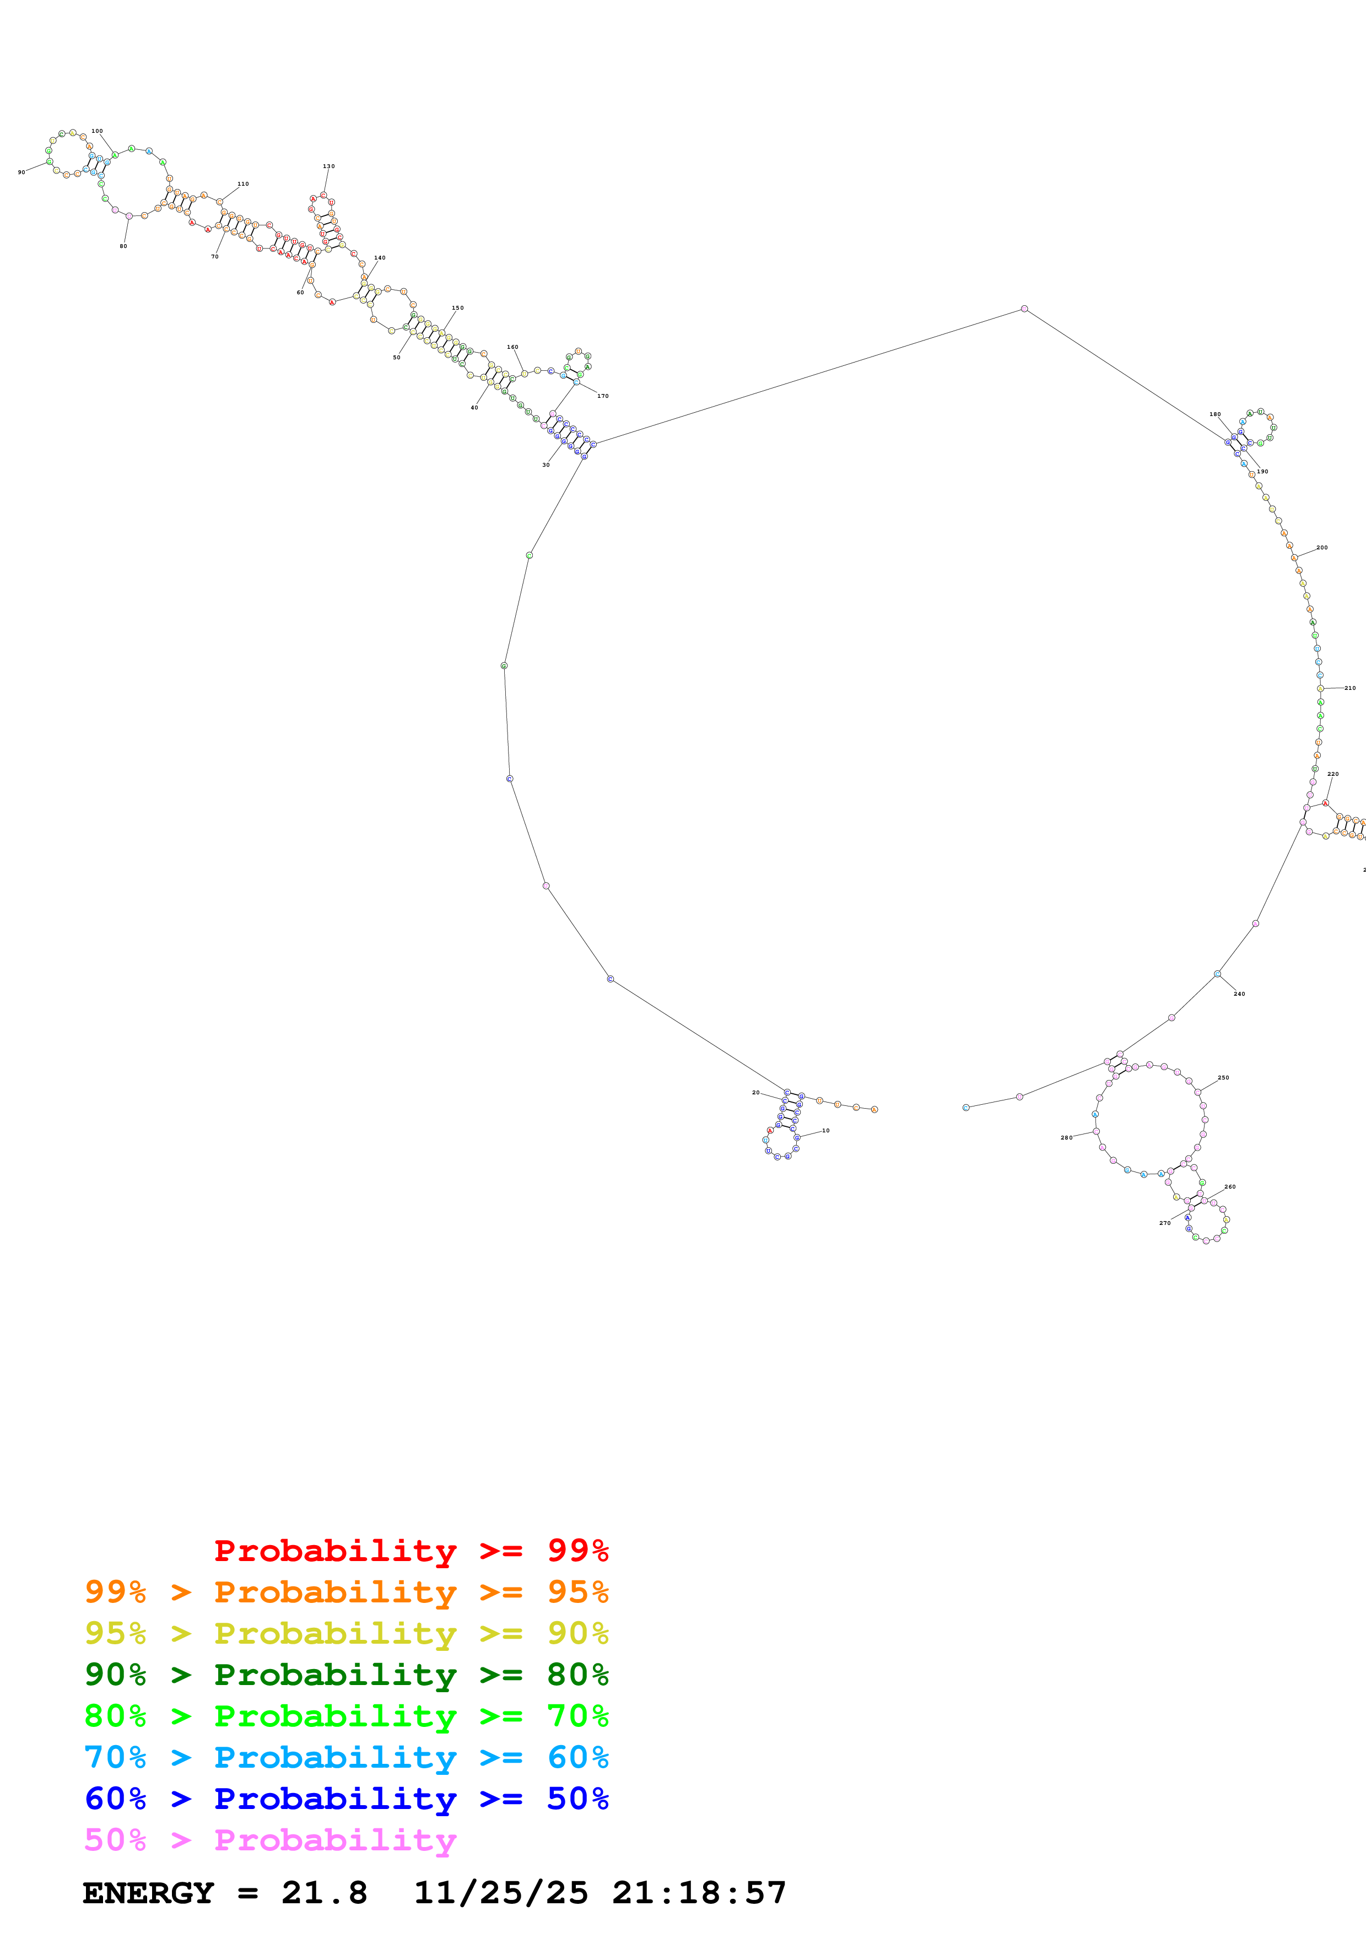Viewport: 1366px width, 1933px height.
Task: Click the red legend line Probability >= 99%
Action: coord(411,1551)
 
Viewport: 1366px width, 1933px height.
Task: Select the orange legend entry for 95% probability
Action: coord(346,1592)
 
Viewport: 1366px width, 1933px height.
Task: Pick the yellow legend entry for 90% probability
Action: coord(346,1633)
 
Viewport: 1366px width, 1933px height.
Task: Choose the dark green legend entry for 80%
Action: coord(346,1675)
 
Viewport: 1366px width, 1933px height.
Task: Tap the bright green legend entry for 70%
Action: coord(346,1716)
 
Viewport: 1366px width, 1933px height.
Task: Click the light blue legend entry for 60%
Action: coord(346,1757)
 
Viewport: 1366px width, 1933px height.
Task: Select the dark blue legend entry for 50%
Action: coord(346,1799)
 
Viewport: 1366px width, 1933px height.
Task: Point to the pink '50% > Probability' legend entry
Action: coord(270,1839)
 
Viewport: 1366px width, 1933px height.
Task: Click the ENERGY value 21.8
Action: coord(324,1893)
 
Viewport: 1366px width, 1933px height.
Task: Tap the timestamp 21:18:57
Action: coord(699,1893)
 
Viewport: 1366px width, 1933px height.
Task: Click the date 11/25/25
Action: coord(501,1893)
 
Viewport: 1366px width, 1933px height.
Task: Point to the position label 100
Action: coord(97,131)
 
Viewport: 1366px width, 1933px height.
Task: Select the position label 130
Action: coord(328,166)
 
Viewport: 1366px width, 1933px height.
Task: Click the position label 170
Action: coord(603,396)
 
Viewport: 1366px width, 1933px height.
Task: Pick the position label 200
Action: coord(1321,547)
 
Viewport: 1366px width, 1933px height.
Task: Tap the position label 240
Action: coord(1239,994)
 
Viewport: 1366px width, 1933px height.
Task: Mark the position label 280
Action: coord(1066,1137)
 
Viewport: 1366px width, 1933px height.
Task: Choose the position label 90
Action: coord(21,172)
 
